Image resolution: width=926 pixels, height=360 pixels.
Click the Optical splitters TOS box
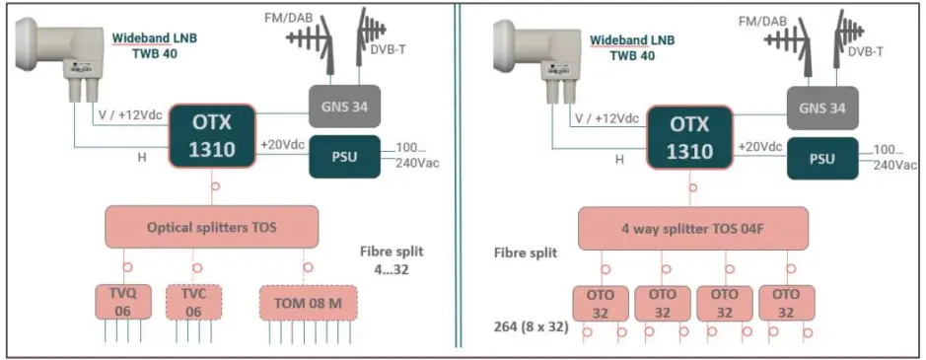point(212,227)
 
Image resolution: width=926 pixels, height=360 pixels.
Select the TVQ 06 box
point(120,302)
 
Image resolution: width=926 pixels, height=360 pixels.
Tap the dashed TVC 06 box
point(194,302)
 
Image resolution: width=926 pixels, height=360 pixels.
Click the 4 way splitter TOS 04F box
point(693,227)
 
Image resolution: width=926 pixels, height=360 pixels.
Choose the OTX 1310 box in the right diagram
point(690,136)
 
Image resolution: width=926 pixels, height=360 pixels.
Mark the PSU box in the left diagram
point(347,159)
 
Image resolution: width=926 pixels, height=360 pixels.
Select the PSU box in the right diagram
point(822,159)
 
